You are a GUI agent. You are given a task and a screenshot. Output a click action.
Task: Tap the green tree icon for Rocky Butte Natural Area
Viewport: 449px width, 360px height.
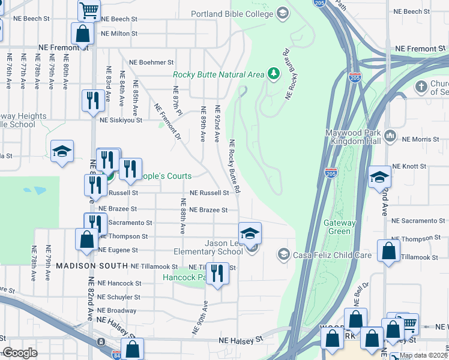coord(274,74)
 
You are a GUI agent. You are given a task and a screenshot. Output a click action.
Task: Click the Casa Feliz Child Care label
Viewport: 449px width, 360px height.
coord(332,255)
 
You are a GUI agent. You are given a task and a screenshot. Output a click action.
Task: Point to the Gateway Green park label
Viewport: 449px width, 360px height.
coord(340,227)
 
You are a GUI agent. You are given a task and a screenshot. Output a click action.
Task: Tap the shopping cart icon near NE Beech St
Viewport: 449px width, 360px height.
coord(89,10)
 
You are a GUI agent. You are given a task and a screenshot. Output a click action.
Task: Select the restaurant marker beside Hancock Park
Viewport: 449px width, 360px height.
coord(217,274)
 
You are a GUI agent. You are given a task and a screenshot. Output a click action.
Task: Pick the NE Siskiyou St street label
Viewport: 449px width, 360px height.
coord(121,120)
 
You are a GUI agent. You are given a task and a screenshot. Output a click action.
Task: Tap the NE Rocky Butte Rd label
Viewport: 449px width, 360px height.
coord(234,167)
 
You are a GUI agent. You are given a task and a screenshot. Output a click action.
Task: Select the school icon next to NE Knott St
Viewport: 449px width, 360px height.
coord(379,178)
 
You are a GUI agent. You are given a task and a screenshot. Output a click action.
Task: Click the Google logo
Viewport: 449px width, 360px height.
coord(20,353)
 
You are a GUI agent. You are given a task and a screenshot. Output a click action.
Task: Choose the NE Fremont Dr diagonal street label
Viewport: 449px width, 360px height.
coord(167,122)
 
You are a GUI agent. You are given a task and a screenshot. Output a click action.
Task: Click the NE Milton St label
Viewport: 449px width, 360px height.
coord(119,34)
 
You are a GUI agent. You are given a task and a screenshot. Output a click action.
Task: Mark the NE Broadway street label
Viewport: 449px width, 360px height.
coord(116,311)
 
